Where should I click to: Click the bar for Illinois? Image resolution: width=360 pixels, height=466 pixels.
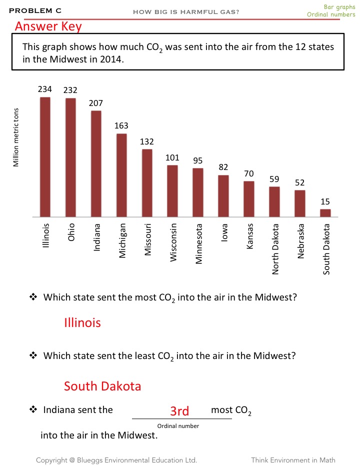(x=45, y=157)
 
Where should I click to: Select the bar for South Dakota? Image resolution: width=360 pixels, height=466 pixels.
(x=325, y=213)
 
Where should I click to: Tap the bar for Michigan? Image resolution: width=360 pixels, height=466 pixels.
(x=121, y=175)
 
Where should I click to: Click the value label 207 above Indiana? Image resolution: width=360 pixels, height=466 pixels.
(x=96, y=103)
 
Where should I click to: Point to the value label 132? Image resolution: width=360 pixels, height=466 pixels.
(x=147, y=142)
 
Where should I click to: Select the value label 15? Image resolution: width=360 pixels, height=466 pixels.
(x=325, y=201)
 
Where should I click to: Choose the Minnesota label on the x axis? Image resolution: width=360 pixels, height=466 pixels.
(x=198, y=243)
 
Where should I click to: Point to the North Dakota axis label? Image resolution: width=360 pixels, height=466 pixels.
(x=275, y=248)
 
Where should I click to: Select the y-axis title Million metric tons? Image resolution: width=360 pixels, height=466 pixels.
(x=16, y=137)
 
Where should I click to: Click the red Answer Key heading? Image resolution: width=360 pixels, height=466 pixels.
(x=48, y=26)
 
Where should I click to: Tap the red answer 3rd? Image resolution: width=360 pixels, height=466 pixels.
(x=179, y=411)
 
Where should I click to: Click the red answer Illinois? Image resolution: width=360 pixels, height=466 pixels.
(x=82, y=322)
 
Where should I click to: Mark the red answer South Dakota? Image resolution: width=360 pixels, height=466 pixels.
(x=102, y=386)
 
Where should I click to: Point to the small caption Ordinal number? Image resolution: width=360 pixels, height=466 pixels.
(x=178, y=426)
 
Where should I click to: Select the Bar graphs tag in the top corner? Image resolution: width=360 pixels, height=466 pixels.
(x=339, y=7)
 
